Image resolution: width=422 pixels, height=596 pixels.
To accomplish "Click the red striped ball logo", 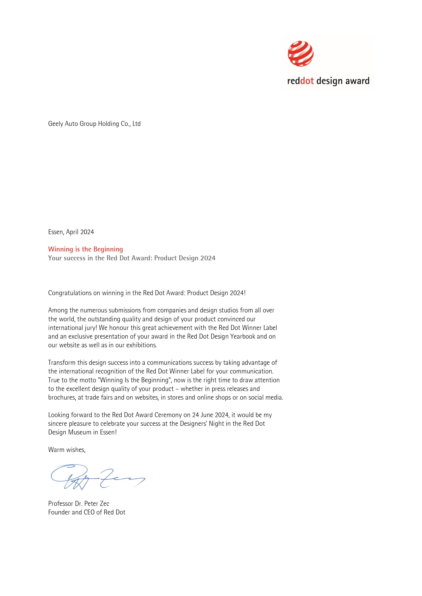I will pyautogui.click(x=301, y=54).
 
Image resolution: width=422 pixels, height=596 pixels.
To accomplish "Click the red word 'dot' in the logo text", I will pyautogui.click(x=307, y=81).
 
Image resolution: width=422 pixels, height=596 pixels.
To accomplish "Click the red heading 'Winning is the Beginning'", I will pyautogui.click(x=86, y=249).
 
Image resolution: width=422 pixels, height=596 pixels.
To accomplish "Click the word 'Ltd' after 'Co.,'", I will pyautogui.click(x=137, y=124).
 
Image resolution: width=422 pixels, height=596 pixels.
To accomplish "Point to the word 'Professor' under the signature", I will pyautogui.click(x=61, y=504).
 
